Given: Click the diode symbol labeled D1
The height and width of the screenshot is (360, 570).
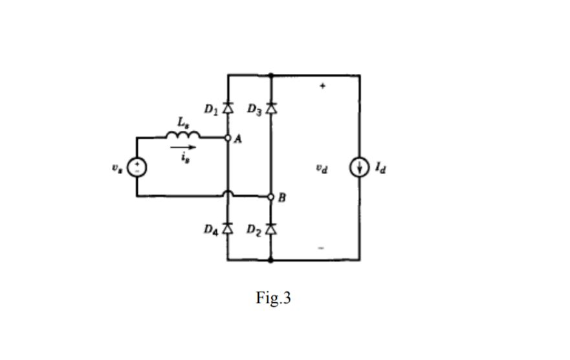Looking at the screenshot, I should (x=227, y=108).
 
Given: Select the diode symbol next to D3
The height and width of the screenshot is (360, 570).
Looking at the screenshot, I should (x=271, y=108).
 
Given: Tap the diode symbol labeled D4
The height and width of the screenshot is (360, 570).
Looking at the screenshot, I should (x=227, y=228).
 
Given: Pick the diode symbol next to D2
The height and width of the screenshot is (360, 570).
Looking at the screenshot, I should (x=271, y=228).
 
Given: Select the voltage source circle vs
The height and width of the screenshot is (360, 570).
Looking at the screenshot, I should (x=137, y=167).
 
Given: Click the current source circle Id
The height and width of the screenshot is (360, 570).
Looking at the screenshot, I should (x=359, y=168).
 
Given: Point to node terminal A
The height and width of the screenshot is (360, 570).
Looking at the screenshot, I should (x=228, y=138).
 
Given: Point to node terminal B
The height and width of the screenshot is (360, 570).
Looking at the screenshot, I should (x=271, y=196).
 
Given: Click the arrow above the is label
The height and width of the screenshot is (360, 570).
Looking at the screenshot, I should (x=183, y=147).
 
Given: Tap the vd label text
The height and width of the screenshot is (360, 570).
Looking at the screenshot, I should (x=322, y=168).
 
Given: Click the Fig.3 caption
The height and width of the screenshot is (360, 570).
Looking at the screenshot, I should (x=273, y=298).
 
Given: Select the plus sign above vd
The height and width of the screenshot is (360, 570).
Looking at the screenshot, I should (x=322, y=85).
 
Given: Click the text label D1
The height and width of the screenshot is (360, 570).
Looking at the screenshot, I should (x=210, y=109).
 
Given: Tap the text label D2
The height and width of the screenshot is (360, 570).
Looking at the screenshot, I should (x=254, y=229).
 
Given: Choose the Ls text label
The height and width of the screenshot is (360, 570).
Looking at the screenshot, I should (x=184, y=122).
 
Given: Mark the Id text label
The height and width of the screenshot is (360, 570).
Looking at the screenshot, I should (x=380, y=168).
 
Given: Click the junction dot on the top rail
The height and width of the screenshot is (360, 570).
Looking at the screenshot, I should (x=271, y=75).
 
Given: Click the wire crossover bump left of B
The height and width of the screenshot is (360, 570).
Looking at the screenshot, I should (x=228, y=193).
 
